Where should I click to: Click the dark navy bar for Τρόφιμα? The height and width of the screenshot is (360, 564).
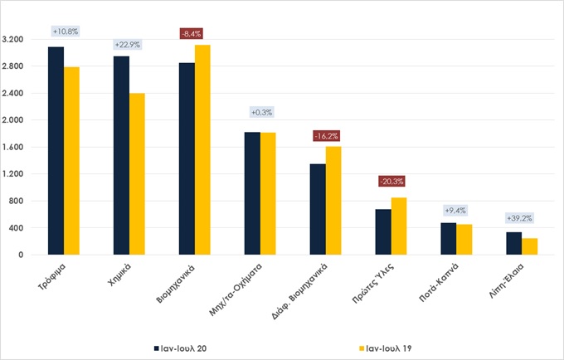56,151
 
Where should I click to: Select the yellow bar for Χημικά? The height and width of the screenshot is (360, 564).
137,174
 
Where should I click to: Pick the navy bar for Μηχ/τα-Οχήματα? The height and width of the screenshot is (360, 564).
252,193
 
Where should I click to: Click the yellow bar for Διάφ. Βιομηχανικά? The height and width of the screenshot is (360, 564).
333,201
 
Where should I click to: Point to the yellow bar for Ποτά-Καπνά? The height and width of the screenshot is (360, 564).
464,239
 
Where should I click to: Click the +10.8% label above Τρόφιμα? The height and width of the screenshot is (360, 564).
65,32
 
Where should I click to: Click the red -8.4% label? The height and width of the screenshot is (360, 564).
194,34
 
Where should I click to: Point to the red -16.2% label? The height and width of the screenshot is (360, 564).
325,135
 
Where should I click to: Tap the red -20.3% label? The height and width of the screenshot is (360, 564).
391,181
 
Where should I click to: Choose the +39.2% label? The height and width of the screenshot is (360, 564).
522,219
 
